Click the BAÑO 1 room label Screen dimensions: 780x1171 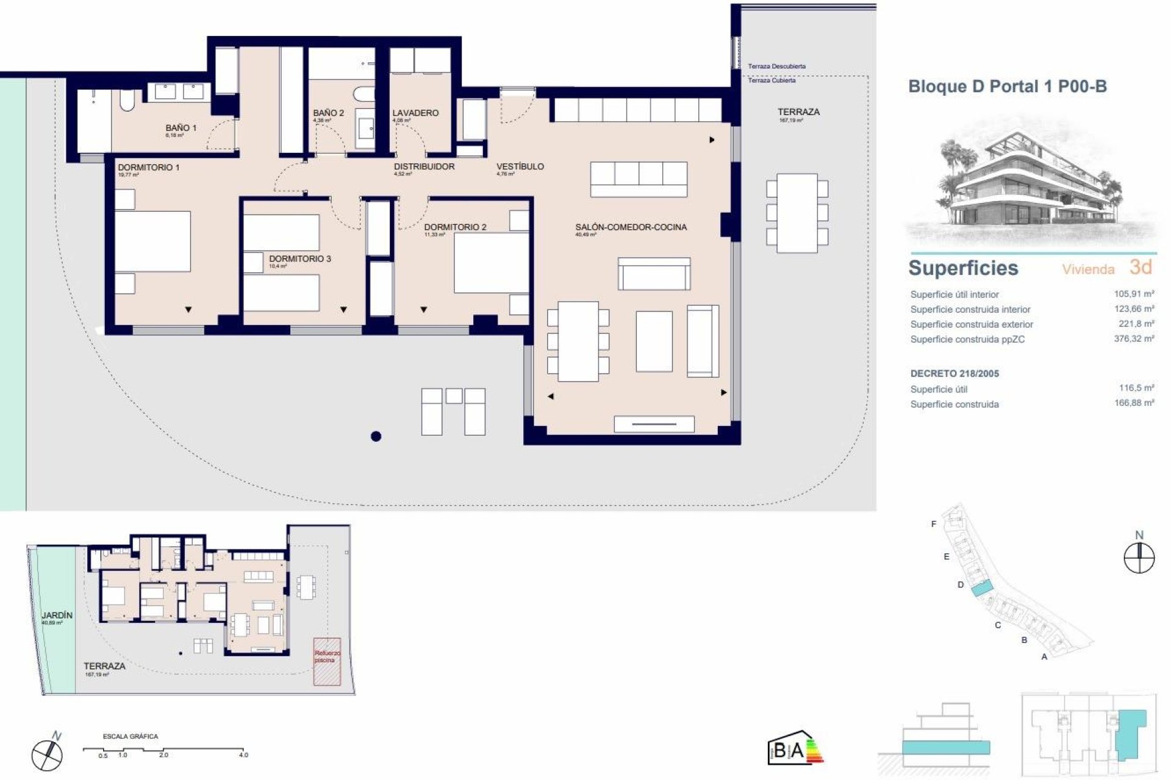(181, 128)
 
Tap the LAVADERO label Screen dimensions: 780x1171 (415, 113)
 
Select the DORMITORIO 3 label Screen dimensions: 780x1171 (300, 259)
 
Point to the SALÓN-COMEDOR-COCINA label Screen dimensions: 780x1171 (631, 227)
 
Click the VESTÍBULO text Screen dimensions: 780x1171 (520, 166)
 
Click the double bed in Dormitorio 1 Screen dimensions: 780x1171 (153, 241)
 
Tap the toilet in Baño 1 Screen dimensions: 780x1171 (127, 101)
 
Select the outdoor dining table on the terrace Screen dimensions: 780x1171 (797, 213)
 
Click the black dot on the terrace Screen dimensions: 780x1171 (376, 436)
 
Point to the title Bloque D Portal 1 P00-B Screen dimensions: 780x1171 (1008, 87)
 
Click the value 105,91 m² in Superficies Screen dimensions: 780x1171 (1134, 294)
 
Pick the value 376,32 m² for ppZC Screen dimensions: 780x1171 (1134, 339)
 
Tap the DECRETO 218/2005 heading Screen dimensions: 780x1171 (954, 374)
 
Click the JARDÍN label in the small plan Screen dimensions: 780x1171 (57, 615)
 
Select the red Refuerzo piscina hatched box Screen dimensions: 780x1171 (327, 662)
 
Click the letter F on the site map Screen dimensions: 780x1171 (933, 524)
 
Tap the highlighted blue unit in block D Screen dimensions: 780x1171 (981, 589)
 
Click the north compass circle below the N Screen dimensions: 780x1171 (1139, 558)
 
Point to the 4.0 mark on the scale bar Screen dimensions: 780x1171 (243, 755)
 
